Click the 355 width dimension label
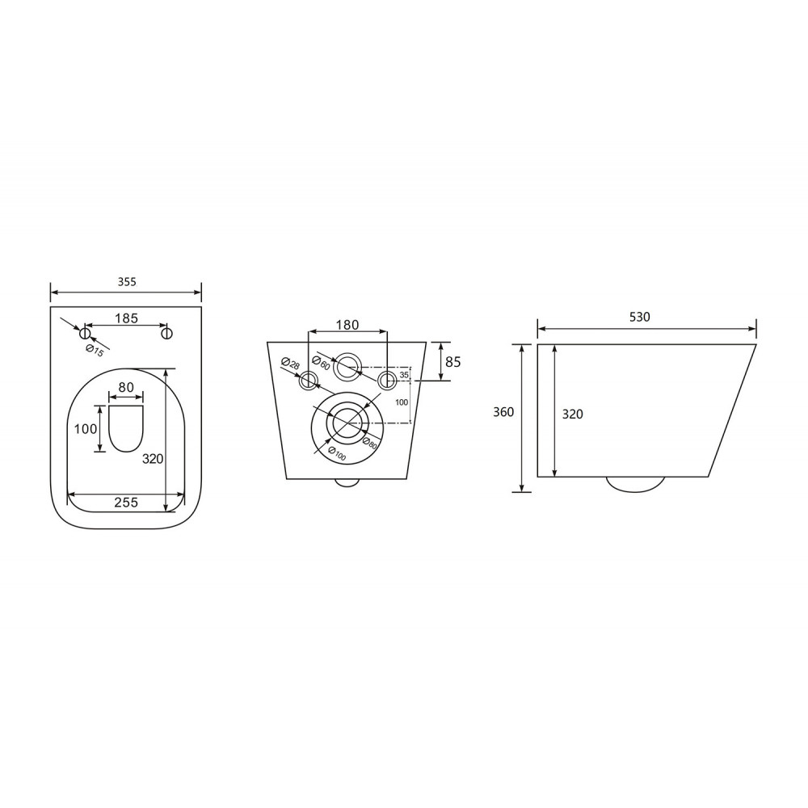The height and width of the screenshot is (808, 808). pyautogui.click(x=126, y=282)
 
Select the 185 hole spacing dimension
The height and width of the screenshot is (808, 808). pyautogui.click(x=126, y=318)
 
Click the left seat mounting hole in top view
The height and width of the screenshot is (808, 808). pyautogui.click(x=85, y=334)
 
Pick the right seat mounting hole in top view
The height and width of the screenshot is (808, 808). pyautogui.click(x=166, y=334)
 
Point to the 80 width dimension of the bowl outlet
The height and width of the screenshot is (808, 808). pyautogui.click(x=126, y=387)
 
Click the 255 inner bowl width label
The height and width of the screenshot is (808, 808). pyautogui.click(x=126, y=502)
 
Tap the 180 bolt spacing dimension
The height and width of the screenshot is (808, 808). pyautogui.click(x=347, y=325)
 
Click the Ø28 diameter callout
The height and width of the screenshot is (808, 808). pyautogui.click(x=290, y=364)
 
